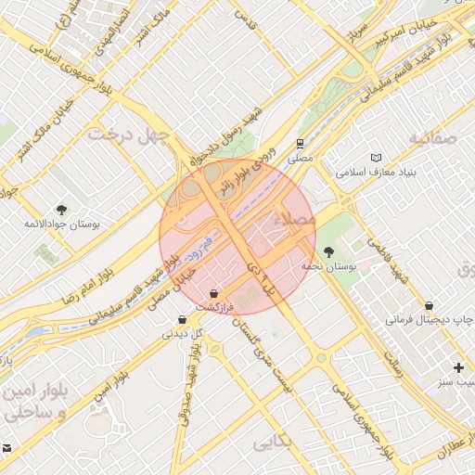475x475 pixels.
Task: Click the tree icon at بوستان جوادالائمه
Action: click(x=61, y=210)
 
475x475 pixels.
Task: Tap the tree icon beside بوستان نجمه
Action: click(x=327, y=250)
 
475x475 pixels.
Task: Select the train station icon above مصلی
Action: click(x=300, y=144)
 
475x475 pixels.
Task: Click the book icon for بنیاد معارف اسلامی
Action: click(x=375, y=159)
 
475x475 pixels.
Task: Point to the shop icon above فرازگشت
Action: click(x=213, y=293)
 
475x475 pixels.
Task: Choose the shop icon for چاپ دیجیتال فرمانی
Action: click(x=429, y=305)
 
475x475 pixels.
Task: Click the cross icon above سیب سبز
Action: click(x=457, y=367)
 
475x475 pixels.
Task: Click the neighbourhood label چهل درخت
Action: click(x=129, y=136)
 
